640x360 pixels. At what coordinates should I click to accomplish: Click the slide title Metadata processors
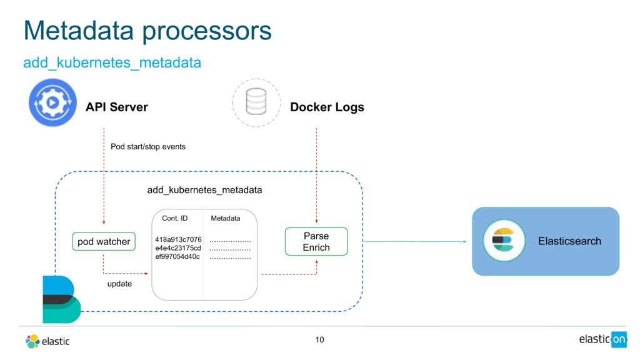pos(147,31)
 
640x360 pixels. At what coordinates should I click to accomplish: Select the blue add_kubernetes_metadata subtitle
pos(112,63)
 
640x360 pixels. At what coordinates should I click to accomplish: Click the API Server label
pos(117,107)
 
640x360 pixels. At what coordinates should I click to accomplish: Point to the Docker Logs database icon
pos(256,102)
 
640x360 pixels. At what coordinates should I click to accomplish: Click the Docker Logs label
pos(327,107)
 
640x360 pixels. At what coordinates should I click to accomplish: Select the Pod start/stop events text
pos(148,147)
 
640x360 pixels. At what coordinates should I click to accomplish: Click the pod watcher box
pos(104,241)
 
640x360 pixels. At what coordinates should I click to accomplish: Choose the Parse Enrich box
pos(316,241)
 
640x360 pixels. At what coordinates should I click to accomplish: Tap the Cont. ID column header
pos(174,219)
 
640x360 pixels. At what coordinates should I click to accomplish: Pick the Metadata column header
pos(225,219)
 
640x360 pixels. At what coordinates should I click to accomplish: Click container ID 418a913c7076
pos(178,239)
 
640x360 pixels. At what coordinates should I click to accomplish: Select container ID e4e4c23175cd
pos(178,248)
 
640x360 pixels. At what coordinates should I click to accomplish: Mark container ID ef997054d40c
pos(177,257)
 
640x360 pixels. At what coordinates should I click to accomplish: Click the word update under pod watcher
pos(119,284)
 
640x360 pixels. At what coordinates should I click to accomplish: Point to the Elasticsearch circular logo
pos(503,241)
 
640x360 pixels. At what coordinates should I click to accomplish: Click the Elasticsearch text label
pos(569,241)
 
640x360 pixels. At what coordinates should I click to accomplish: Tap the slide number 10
pos(319,340)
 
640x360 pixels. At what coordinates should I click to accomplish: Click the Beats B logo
pos(61,299)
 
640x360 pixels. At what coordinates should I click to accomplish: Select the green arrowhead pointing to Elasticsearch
pos(464,241)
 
